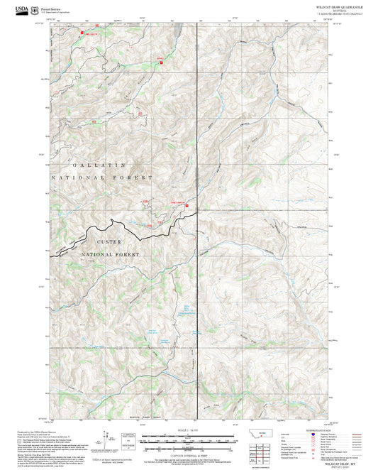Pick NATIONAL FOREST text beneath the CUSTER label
[109, 253]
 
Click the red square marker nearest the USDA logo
[82, 32]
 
